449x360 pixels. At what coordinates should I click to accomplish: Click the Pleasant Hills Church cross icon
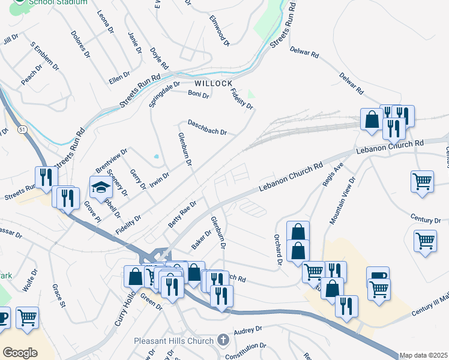(x=223, y=340)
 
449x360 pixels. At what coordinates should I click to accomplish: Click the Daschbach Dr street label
(x=207, y=128)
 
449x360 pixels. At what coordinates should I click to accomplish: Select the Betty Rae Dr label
(x=182, y=214)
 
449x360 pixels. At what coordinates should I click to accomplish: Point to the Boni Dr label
(x=198, y=94)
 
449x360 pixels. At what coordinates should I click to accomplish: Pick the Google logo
(x=20, y=353)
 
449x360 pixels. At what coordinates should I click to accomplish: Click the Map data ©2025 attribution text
(x=423, y=355)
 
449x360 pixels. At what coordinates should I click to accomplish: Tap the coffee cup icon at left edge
(x=2, y=317)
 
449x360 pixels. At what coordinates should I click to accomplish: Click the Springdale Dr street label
(x=164, y=95)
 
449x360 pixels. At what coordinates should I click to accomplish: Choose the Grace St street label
(x=58, y=296)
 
